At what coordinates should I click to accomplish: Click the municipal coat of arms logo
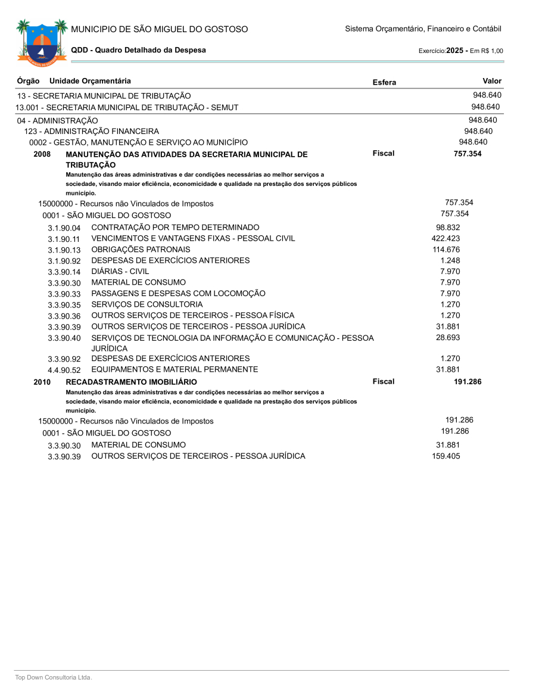coord(41,42)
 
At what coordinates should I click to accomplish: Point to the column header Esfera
coord(384,82)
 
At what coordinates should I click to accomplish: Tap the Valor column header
coord(492,81)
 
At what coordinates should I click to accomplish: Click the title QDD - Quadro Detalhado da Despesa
coord(138,50)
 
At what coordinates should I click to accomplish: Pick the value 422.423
coord(445,238)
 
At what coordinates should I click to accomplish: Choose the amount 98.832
coord(448,228)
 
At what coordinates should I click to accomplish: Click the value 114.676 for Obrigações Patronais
coord(446,249)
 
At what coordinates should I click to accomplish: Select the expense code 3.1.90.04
coord(64,228)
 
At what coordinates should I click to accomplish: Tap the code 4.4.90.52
coord(64,370)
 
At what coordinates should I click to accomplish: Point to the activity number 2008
coord(42,154)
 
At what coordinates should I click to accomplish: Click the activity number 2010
coord(42,382)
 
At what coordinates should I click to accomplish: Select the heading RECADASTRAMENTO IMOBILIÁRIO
coord(131,382)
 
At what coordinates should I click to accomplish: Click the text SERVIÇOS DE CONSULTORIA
coord(147,304)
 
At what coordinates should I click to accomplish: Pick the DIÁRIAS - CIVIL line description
coord(120,271)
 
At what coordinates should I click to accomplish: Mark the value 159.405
coord(446,456)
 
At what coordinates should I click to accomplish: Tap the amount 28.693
coord(448,338)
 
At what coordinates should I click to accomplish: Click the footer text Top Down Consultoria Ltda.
coord(54,677)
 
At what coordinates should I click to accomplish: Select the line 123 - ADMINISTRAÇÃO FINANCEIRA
coord(92,131)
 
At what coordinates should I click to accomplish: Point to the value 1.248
coord(450,260)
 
